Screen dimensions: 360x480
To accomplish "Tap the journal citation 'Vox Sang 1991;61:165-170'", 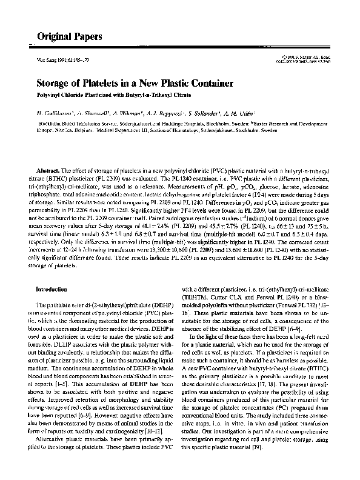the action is (55, 62).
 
